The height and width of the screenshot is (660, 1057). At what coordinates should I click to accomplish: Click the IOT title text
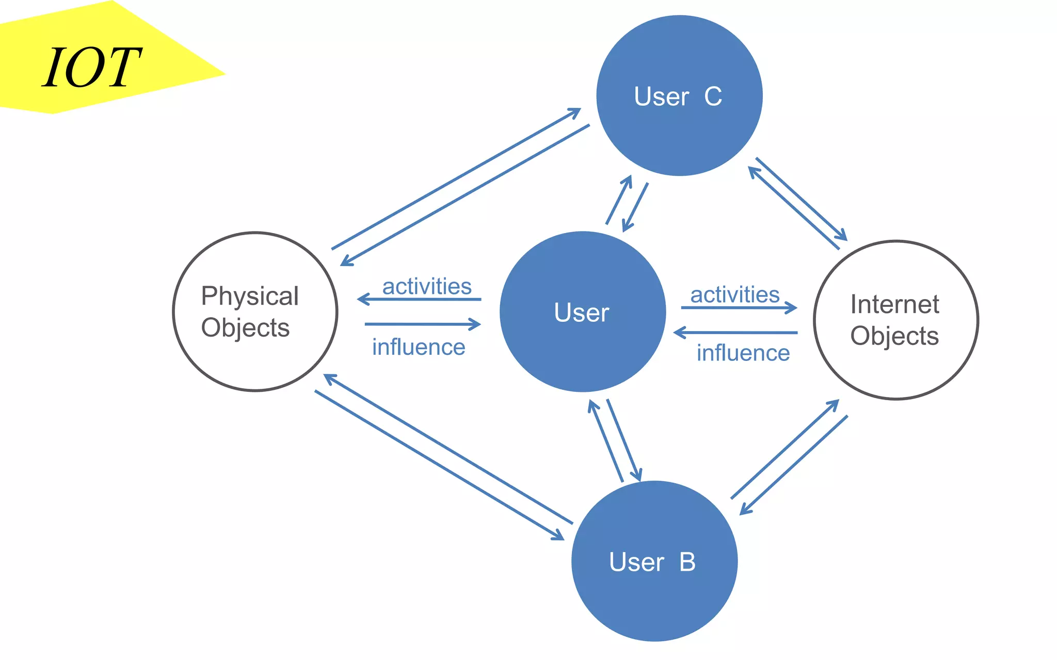(x=92, y=68)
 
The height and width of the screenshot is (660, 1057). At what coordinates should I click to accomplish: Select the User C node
(x=679, y=95)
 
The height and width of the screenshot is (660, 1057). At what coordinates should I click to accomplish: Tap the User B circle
(x=654, y=562)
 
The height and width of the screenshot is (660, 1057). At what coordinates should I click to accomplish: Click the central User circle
(x=582, y=312)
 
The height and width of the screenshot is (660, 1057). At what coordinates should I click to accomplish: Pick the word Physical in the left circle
(x=250, y=296)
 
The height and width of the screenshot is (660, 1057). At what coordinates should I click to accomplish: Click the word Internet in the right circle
(x=894, y=304)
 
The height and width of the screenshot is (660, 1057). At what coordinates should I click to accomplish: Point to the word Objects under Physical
(x=245, y=328)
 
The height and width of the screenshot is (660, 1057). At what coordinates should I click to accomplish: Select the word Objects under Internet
(x=894, y=336)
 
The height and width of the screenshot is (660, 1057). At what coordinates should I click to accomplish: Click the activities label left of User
(x=427, y=286)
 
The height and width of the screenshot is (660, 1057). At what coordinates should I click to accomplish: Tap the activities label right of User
(x=735, y=294)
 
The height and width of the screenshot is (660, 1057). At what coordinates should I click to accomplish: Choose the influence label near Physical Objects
(x=419, y=347)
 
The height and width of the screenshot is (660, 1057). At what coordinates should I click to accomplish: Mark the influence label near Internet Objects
(x=743, y=353)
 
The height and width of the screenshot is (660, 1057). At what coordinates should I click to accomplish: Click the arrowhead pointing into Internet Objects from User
(x=793, y=308)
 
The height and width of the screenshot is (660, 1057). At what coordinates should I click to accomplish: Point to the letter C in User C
(x=713, y=96)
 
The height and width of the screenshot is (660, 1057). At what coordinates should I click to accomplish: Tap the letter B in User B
(x=687, y=562)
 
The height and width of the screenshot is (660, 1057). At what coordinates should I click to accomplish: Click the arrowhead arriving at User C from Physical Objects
(x=575, y=111)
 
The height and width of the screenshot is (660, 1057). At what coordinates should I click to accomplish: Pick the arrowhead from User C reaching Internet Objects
(x=842, y=236)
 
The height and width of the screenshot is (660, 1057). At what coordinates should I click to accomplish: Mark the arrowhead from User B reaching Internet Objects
(x=834, y=404)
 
